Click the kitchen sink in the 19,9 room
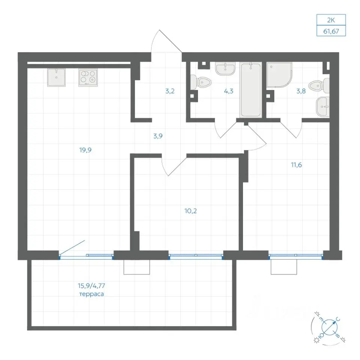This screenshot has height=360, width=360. coord(56,77)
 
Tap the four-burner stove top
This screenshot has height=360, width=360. coord(88,77)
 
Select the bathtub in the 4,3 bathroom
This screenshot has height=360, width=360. coord(251,90)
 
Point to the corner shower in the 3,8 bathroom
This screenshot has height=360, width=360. coord(279,75)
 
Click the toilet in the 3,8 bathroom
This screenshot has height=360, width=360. coord(319,86)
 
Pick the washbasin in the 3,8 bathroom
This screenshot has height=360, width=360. coord(323,106)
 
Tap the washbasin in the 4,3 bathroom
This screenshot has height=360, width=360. coord(225,68)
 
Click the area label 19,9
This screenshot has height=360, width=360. coord(85,150)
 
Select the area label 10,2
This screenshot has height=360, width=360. coord(190,211)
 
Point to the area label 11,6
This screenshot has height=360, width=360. coord(296,165)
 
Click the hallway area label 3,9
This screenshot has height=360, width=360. coord(158,136)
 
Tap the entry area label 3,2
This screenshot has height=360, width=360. coord(170,91)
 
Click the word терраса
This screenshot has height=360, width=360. coord(91,294)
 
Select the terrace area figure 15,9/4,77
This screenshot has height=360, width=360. coord(91,286)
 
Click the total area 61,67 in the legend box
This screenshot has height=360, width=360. coord(331,31)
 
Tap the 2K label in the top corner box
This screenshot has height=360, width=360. coord(331,20)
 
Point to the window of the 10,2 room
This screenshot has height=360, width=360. coord(196,255)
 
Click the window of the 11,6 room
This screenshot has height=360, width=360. coord(296,255)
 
